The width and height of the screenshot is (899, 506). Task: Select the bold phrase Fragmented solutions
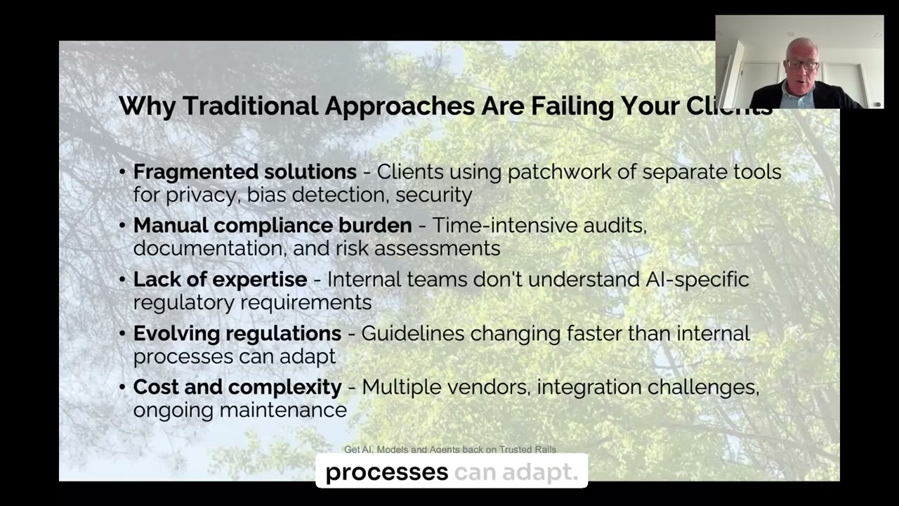click(x=245, y=171)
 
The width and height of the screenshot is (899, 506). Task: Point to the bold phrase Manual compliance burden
click(x=273, y=226)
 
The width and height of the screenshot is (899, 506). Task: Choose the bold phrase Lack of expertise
click(x=220, y=280)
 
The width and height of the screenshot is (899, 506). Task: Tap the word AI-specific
click(x=697, y=280)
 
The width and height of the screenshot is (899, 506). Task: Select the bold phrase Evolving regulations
click(x=237, y=333)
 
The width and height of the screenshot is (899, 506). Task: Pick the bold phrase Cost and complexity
click(x=237, y=387)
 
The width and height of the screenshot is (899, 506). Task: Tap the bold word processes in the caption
click(x=386, y=472)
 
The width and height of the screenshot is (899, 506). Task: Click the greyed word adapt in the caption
click(x=545, y=472)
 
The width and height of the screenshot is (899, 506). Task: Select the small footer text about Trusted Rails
click(x=449, y=450)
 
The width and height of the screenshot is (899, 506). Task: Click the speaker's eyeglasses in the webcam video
click(x=802, y=65)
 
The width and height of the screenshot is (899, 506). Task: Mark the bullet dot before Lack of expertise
click(x=123, y=280)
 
